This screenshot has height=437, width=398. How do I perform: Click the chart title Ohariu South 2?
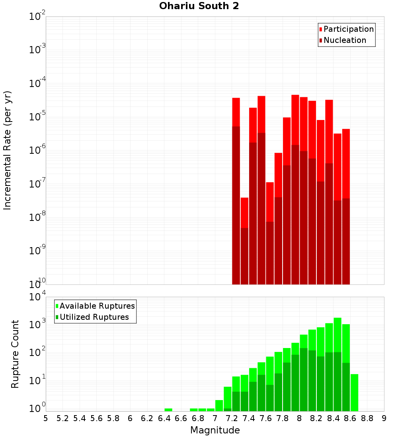pyautogui.click(x=199, y=6)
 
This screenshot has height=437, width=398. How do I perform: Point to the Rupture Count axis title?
pyautogui.click(x=15, y=354)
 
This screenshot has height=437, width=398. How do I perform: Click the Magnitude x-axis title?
pyautogui.click(x=215, y=430)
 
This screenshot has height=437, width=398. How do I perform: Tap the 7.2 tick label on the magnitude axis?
pyautogui.click(x=232, y=418)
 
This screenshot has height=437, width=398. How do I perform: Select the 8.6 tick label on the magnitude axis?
pyautogui.click(x=350, y=418)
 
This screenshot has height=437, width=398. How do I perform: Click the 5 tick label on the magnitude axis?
pyautogui.click(x=46, y=418)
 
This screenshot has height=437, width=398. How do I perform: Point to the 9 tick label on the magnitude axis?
pyautogui.click(x=384, y=418)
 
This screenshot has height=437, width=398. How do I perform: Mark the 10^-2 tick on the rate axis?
pyautogui.click(x=37, y=17)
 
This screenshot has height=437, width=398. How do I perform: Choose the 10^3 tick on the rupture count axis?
pyautogui.click(x=37, y=324)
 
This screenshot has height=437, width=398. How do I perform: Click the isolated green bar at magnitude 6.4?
pyautogui.click(x=168, y=410)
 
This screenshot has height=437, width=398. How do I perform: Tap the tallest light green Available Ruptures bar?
pyautogui.click(x=338, y=334)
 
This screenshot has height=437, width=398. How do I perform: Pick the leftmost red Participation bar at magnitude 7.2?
pyautogui.click(x=236, y=111)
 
